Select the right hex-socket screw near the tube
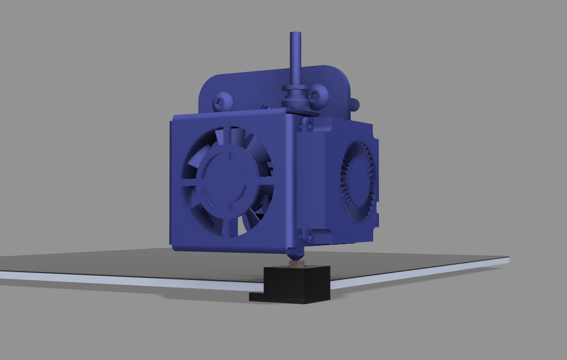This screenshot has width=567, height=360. click(319, 95)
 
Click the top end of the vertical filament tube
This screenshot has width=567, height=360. click(295, 35)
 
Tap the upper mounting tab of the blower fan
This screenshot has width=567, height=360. click(307, 124)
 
